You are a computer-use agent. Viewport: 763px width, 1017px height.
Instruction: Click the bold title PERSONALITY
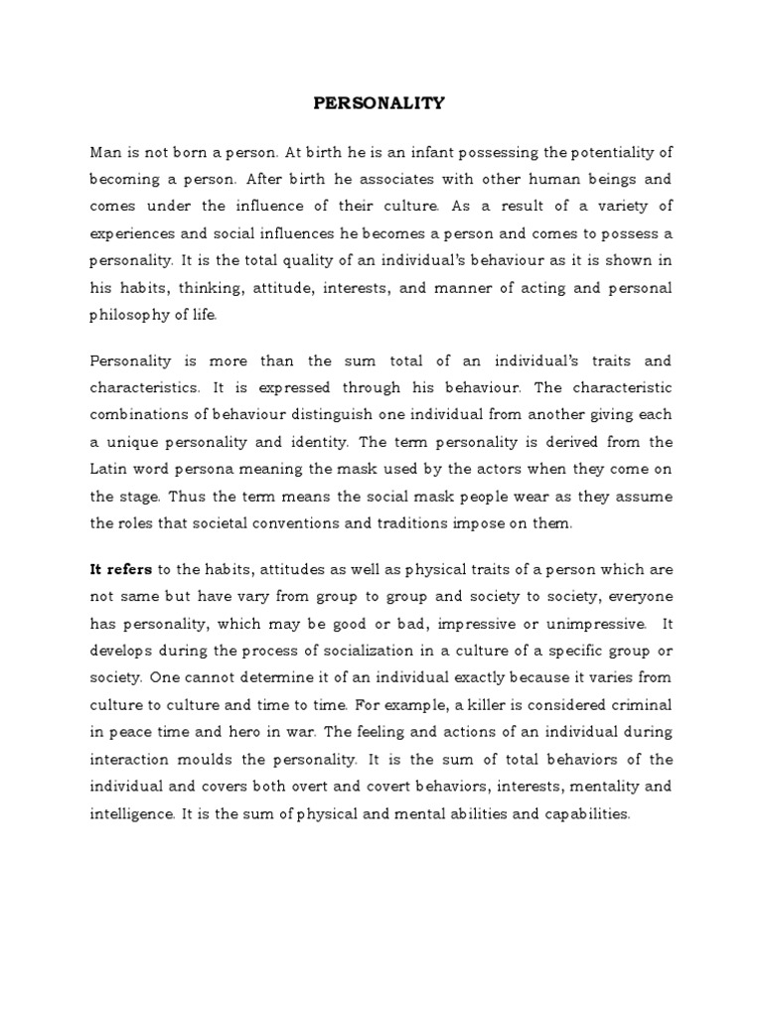pos(381,101)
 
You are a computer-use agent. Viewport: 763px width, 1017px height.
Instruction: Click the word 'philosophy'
pos(131,314)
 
